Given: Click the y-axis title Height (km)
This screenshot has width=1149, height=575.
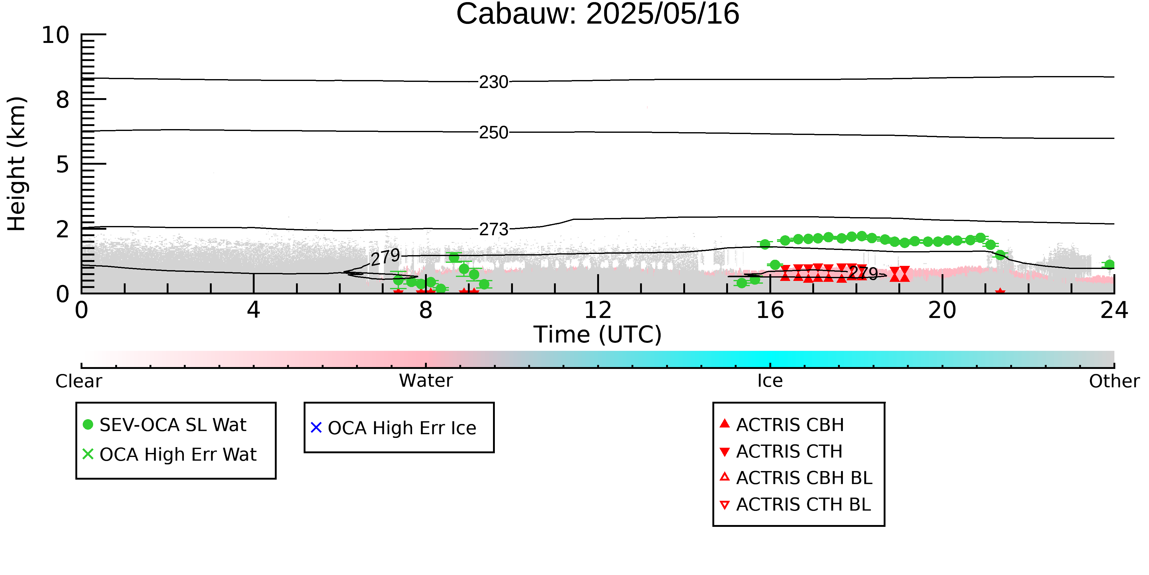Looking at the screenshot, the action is point(17,164).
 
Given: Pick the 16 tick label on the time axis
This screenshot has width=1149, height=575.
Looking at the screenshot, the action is point(770,310).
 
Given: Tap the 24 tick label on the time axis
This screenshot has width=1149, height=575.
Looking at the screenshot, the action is point(1114,310).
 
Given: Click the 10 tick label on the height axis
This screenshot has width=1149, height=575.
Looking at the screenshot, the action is point(56,35).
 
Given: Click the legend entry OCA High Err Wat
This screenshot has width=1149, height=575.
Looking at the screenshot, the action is point(169,454).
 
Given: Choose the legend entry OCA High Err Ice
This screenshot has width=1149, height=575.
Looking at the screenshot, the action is point(393,428).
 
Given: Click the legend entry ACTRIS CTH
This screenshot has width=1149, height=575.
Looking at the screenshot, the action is point(781,451).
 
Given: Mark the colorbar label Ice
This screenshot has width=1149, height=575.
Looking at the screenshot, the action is point(770,381).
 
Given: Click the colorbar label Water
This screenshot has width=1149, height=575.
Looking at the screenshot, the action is point(426,381).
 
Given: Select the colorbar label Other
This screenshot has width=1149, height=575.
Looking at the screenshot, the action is point(1114,381).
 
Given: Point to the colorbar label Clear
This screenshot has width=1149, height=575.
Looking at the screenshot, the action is point(79,381).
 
